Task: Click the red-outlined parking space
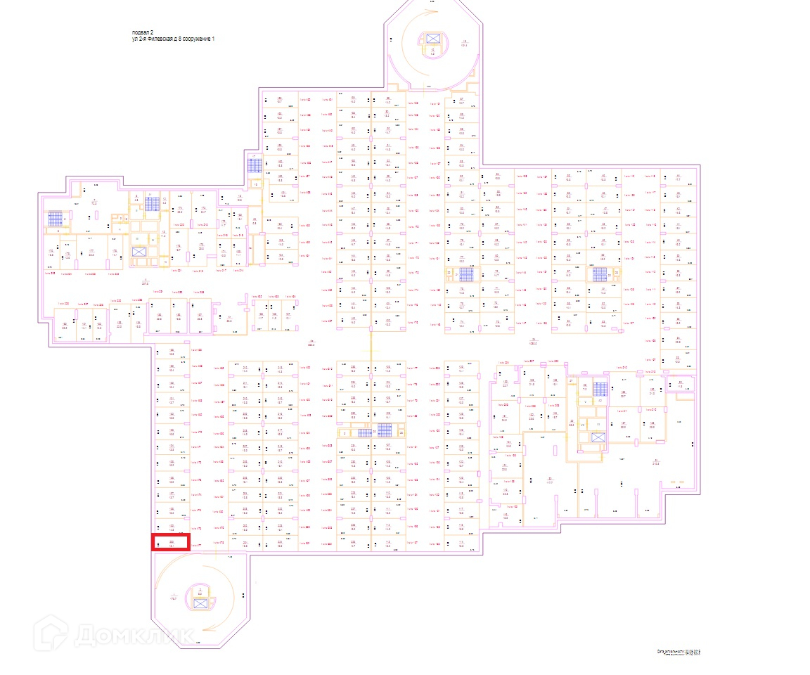coord(171,541)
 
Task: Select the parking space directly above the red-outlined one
coord(171,527)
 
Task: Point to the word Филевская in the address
coord(160,39)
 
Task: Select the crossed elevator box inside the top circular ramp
coord(432,38)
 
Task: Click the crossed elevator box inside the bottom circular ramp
coord(200,602)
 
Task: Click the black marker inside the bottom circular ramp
coord(243,596)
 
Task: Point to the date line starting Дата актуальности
coord(679,652)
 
